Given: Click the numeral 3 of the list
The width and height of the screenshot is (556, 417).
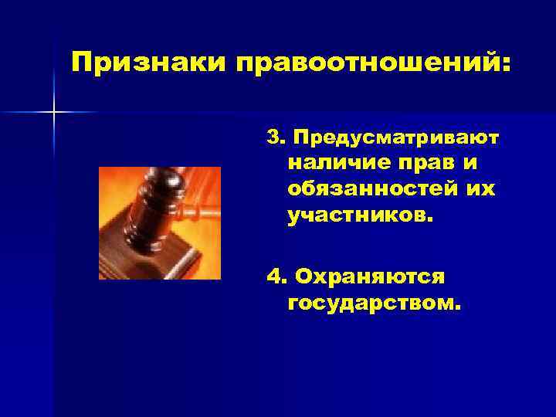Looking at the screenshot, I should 273,137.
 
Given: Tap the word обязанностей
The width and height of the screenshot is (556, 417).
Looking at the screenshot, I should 371,189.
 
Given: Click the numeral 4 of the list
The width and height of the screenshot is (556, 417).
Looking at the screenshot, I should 272,276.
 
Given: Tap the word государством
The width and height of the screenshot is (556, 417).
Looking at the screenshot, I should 372,301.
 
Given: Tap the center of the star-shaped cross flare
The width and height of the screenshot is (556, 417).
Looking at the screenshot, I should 54,113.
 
